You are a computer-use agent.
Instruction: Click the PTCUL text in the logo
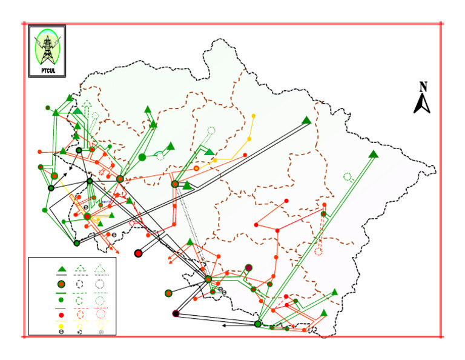click(47, 70)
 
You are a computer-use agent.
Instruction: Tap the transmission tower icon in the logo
click(47, 48)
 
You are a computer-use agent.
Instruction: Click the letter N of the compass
click(424, 87)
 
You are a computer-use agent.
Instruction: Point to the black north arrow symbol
click(422, 104)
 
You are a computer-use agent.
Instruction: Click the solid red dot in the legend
click(61, 315)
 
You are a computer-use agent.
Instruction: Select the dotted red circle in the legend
click(101, 315)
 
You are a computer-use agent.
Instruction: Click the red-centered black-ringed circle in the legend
click(61, 284)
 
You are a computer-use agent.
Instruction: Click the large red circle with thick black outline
click(138, 253)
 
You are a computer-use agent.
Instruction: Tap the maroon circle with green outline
click(248, 268)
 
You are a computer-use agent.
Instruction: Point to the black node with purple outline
click(176, 313)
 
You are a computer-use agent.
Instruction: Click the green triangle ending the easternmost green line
click(374, 154)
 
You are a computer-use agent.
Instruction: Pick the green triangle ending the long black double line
click(307, 120)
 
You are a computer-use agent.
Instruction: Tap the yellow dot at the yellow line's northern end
click(253, 115)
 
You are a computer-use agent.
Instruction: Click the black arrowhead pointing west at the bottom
click(224, 325)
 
